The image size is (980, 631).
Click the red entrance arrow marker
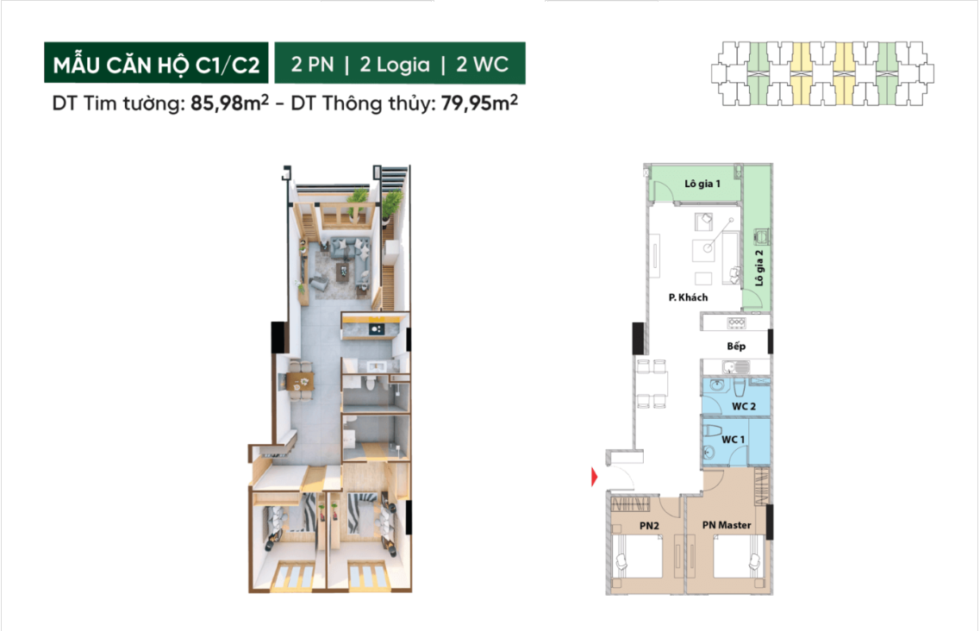[x=595, y=478]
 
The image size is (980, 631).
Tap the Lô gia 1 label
[x=702, y=184]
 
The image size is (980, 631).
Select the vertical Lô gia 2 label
[x=759, y=268]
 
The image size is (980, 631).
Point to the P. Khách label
[x=688, y=297]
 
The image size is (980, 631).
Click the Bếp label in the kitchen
[x=736, y=346]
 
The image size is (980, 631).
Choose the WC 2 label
[x=744, y=407]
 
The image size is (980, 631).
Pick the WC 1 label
[x=733, y=440]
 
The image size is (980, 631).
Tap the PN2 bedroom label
[x=649, y=526]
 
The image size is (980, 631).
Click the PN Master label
[x=727, y=525]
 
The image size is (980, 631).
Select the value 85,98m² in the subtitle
[x=229, y=102]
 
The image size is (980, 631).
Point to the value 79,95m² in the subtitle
[x=479, y=102]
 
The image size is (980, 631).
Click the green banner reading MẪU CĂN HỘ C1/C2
[x=156, y=63]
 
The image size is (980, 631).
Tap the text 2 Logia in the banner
[x=395, y=64]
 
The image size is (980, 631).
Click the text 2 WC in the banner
[x=483, y=64]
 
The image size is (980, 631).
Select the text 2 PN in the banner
[x=313, y=64]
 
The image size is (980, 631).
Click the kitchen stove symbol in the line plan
[x=735, y=323]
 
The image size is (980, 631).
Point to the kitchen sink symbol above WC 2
[x=728, y=367]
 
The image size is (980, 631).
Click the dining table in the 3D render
[x=299, y=380]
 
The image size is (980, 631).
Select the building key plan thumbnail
[x=822, y=73]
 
